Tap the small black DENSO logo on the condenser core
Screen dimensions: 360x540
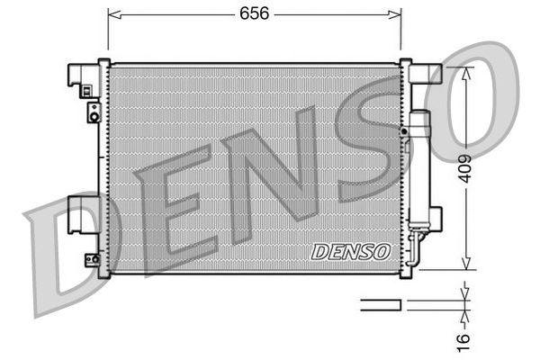[x=350, y=252]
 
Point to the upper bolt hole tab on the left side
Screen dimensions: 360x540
[x=93, y=112]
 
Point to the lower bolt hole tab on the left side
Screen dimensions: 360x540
[x=92, y=259]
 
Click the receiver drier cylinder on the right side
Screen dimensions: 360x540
[x=418, y=171]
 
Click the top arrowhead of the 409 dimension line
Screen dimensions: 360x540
[x=464, y=73]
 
